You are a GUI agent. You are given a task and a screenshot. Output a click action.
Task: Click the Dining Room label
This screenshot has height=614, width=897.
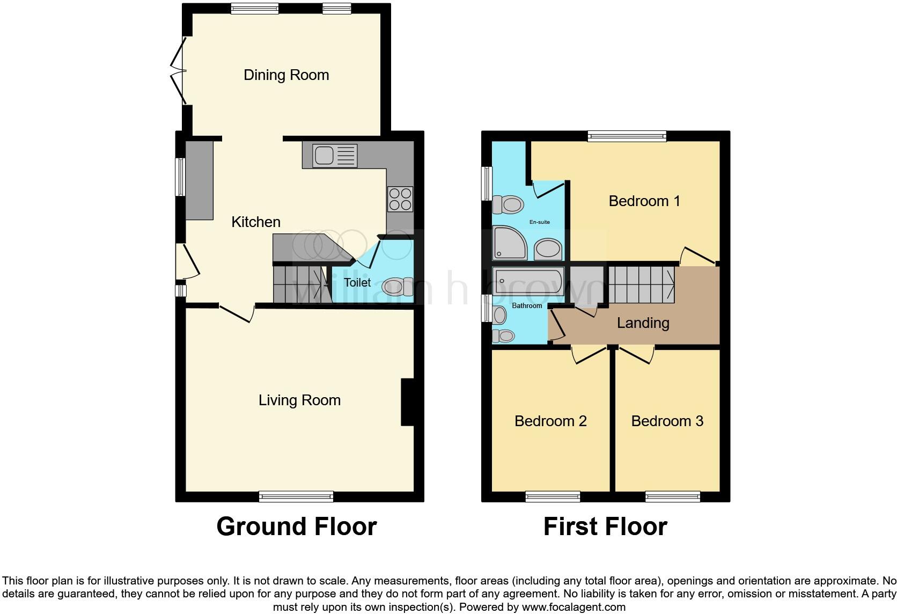point(286,75)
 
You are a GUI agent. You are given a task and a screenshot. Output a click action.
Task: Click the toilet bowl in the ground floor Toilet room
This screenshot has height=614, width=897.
point(398,287)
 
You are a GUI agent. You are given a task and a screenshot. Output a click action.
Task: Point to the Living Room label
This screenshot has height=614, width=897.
point(299,400)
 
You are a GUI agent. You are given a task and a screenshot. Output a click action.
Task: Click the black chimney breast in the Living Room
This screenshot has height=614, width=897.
point(408,403)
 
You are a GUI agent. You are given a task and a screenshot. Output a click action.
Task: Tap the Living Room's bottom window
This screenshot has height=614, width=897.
point(296,496)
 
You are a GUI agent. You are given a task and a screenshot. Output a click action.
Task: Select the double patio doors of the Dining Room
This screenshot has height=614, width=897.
point(179,71)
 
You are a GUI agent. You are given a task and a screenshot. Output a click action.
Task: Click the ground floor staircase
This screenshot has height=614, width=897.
point(300,284)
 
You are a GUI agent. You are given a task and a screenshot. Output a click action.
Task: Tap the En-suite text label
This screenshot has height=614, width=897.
point(539,222)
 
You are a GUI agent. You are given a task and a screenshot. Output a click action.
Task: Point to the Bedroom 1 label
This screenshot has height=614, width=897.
point(644,201)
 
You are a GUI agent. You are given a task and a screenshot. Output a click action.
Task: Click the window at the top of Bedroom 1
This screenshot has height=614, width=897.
point(627,136)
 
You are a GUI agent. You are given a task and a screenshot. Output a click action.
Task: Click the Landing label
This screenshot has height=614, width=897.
point(643,323)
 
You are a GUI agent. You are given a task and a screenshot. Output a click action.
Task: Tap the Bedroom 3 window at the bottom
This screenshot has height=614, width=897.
point(673,496)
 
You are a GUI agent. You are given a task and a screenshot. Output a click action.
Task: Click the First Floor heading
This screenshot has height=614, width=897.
point(605,527)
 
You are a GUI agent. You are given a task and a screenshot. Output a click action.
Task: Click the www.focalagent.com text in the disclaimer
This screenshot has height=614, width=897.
point(574,608)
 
